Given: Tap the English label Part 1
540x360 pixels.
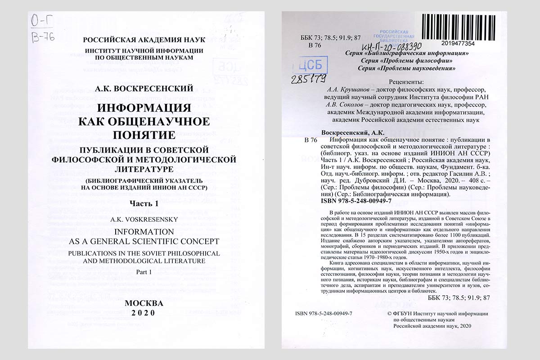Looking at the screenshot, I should [144, 272].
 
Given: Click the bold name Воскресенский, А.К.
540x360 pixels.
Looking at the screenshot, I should [352, 133].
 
